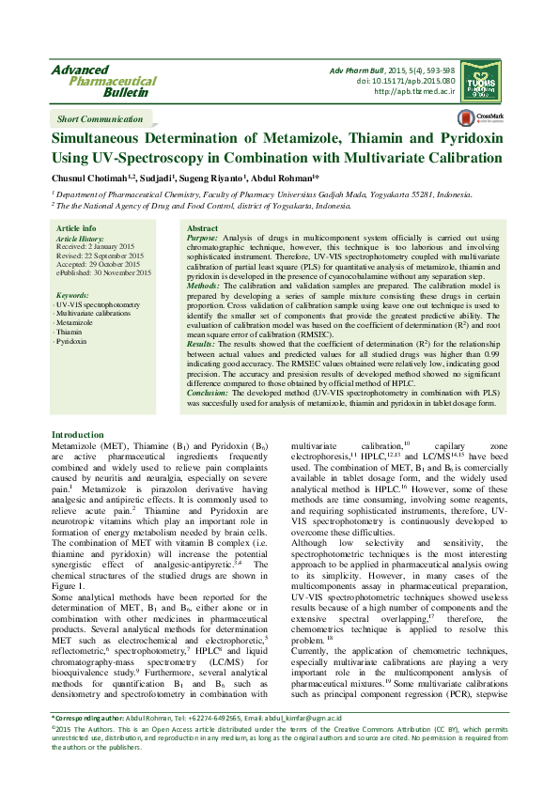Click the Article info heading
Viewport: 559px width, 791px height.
point(76,228)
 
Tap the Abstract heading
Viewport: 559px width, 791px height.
point(202,228)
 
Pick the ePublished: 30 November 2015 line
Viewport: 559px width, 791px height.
point(103,272)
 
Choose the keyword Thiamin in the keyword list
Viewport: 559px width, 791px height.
point(70,332)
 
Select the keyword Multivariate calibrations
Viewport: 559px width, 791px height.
point(93,314)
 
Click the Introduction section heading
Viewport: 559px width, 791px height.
point(77,435)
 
